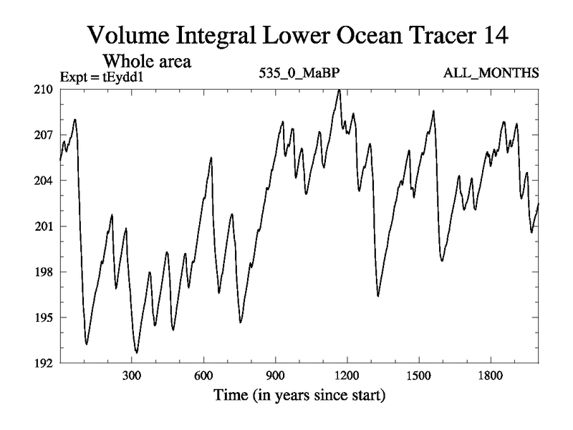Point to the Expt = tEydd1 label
[96, 74]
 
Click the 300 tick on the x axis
[132, 376]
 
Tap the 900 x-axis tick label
[275, 376]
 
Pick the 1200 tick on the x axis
[347, 376]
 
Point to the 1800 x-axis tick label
[490, 376]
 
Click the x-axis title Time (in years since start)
[299, 395]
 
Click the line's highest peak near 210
[338, 90]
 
